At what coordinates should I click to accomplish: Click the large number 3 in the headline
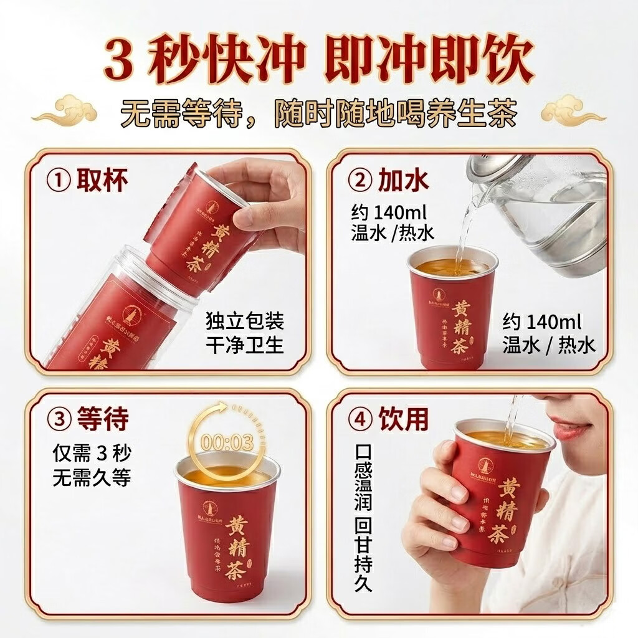click(x=121, y=61)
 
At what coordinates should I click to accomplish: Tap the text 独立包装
click(x=244, y=323)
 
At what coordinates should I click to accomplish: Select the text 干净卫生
click(x=244, y=345)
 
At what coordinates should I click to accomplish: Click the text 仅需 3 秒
click(x=90, y=455)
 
